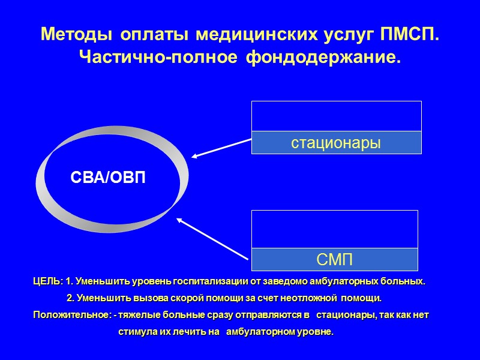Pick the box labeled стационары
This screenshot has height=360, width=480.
(336, 143)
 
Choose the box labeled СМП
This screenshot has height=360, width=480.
(334, 260)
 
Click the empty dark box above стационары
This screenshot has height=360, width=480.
(336, 116)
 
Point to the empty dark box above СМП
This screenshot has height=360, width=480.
(334, 229)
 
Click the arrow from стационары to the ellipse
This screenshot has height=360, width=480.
(221, 149)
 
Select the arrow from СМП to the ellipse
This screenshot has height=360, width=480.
(212, 239)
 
